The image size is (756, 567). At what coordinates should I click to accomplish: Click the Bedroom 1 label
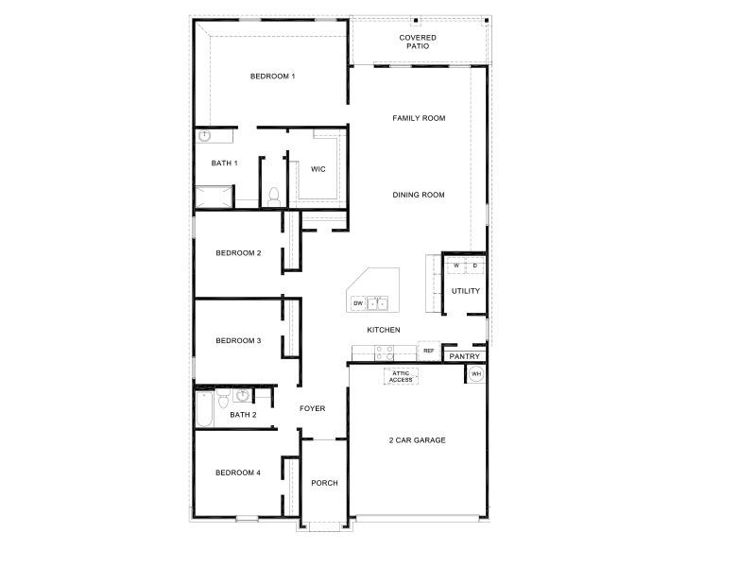(272, 76)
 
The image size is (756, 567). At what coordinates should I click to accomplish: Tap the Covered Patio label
(417, 42)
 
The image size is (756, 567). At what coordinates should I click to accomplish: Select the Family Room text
(419, 118)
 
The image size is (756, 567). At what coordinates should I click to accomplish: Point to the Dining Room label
(419, 195)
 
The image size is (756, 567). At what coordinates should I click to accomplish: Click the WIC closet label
(318, 169)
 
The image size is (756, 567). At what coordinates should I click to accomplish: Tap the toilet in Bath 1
(273, 196)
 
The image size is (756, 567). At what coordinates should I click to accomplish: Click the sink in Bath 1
(204, 136)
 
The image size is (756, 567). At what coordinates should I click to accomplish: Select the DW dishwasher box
(358, 303)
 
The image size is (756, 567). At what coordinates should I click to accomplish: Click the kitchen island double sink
(378, 303)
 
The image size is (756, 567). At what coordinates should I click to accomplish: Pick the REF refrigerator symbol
(428, 351)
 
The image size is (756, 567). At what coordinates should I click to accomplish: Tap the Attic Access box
(401, 376)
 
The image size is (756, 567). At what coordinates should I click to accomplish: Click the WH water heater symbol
(476, 374)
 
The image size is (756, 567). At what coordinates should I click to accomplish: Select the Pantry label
(465, 356)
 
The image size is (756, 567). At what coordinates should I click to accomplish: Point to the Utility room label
(465, 291)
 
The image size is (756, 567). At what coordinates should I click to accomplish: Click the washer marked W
(455, 266)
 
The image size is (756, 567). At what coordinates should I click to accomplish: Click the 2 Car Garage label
(417, 440)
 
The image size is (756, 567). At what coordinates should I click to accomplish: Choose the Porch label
(324, 483)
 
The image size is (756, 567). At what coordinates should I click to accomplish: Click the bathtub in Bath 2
(204, 408)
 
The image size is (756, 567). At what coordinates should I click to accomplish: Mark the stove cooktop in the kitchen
(384, 352)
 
